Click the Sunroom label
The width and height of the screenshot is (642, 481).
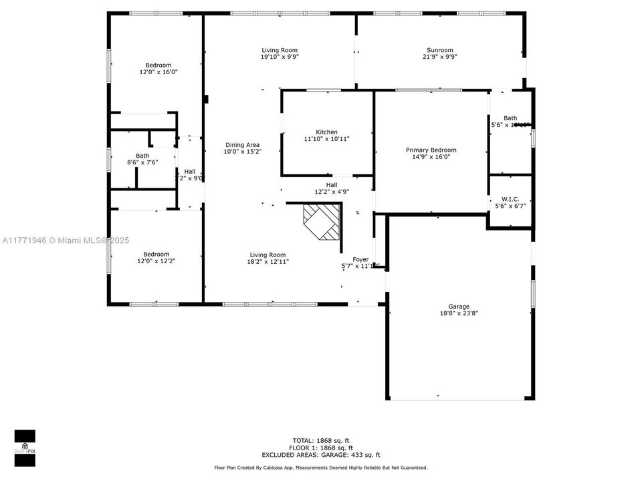tap(439, 50)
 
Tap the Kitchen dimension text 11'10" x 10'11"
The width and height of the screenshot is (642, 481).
tap(326, 139)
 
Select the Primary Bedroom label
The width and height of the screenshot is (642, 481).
tap(431, 150)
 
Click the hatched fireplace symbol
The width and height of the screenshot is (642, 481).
tap(322, 222)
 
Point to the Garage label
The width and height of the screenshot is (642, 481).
tap(459, 307)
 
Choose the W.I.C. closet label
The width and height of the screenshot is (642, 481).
tap(510, 199)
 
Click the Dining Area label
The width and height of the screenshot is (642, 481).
tap(242, 145)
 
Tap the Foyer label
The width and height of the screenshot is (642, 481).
tap(360, 259)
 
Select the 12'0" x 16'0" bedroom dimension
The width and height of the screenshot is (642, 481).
tap(158, 72)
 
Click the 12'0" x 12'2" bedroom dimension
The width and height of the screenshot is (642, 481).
tap(156, 261)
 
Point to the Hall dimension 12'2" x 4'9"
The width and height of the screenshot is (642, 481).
tap(332, 192)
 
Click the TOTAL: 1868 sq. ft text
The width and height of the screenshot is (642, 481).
tap(321, 440)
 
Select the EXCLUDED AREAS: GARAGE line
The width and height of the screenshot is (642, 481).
tap(321, 454)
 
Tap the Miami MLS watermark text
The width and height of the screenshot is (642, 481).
tap(66, 240)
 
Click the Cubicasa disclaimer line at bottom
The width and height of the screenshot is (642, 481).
tap(321, 468)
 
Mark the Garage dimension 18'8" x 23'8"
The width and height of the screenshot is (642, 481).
tap(459, 313)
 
